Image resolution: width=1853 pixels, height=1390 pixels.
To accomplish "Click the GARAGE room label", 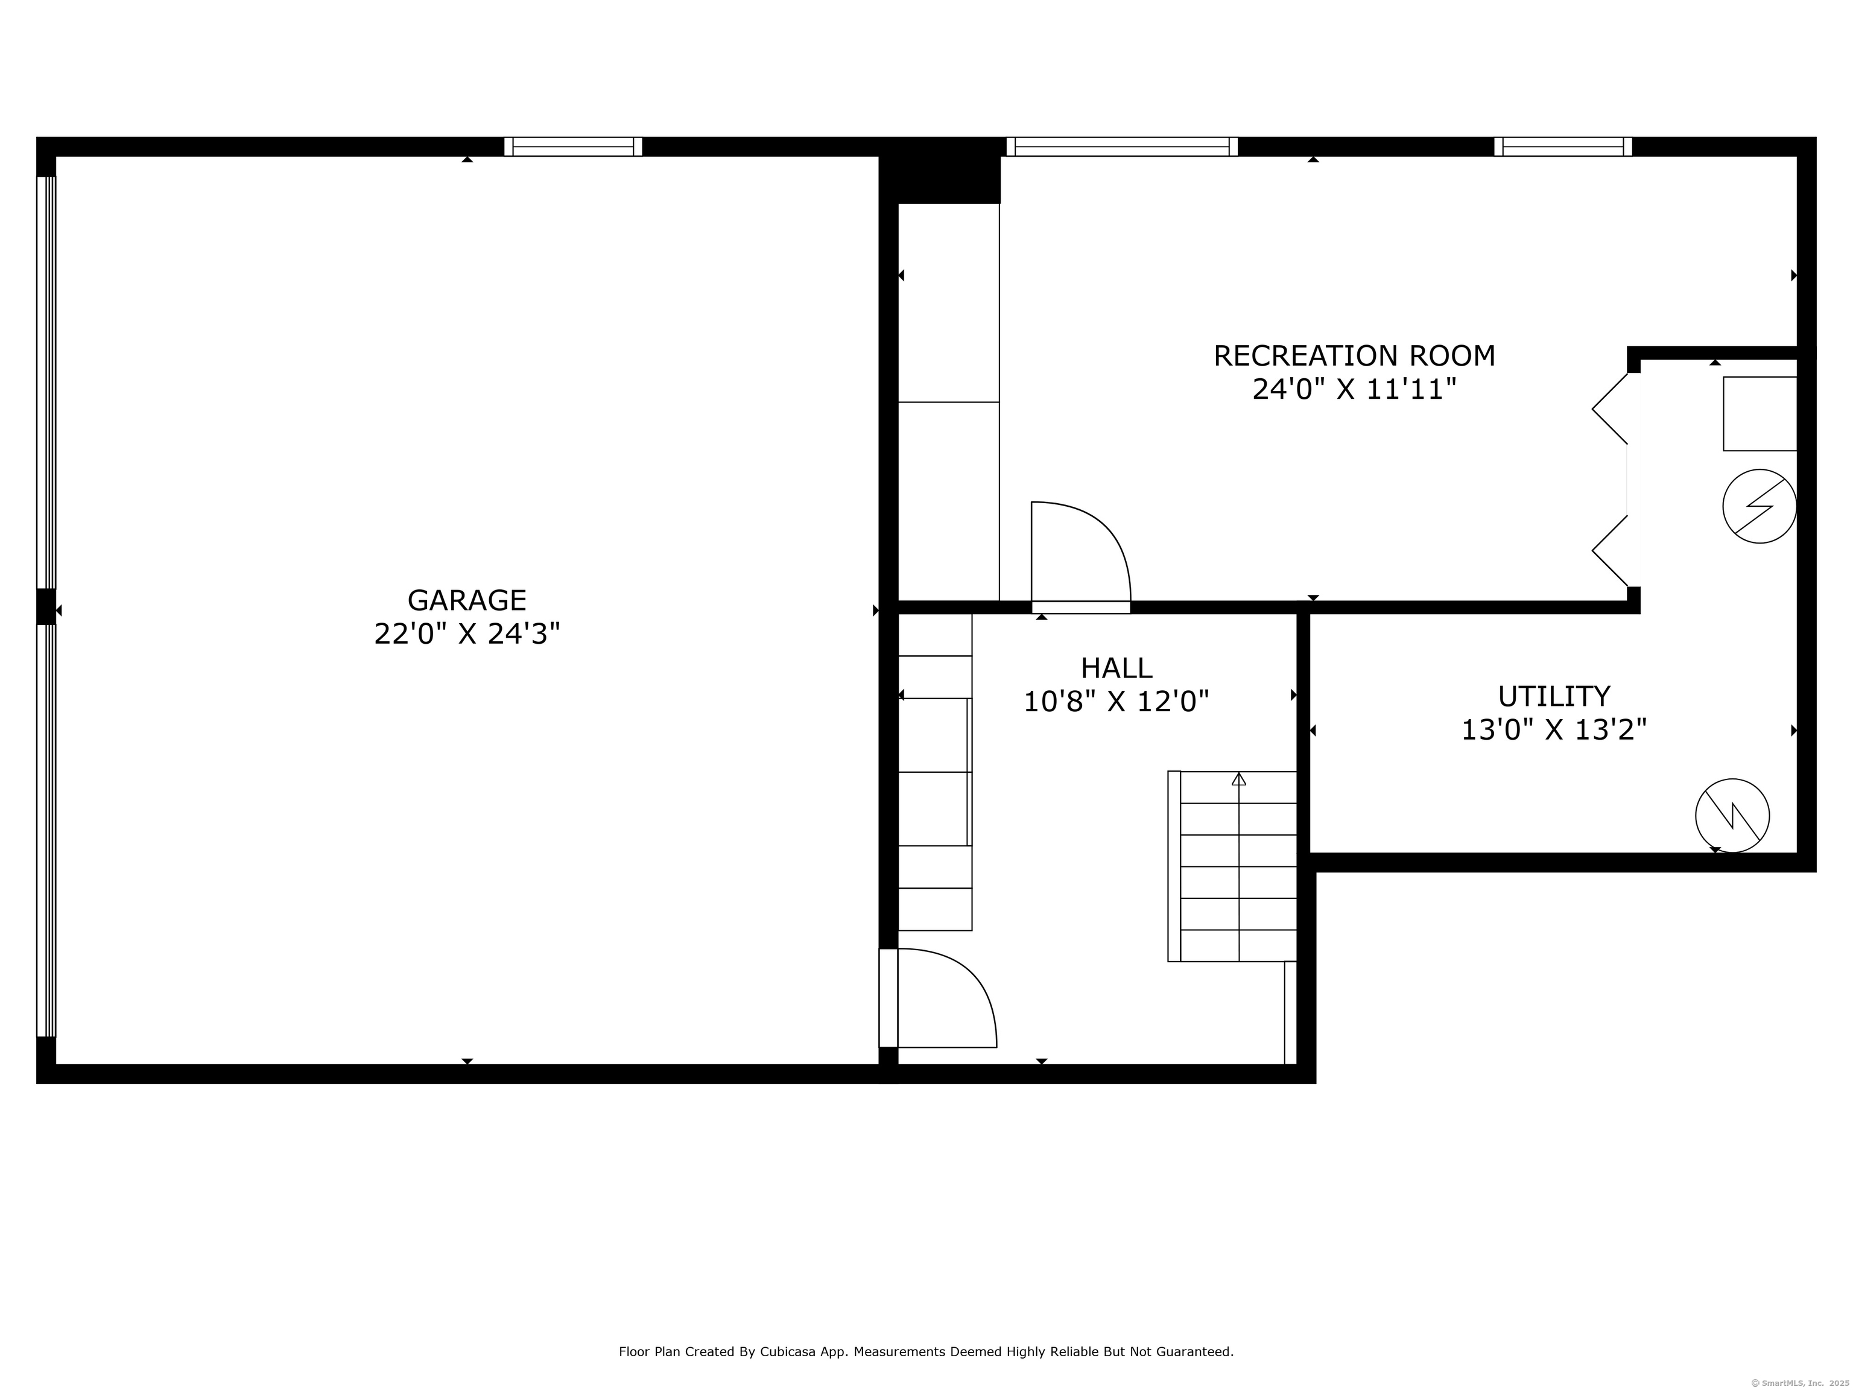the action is coord(467,600).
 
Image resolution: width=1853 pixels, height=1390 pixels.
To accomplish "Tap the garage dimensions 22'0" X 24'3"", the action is coord(467,634).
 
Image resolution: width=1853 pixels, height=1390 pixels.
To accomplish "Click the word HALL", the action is coord(1116,668).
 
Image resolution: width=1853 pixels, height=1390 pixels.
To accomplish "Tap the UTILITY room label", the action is coord(1553,696).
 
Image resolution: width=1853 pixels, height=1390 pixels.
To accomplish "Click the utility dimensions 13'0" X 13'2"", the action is coord(1553,731).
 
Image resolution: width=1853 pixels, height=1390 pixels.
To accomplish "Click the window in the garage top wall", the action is coord(573,147).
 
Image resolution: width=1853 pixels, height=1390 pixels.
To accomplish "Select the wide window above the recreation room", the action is coord(1122,147).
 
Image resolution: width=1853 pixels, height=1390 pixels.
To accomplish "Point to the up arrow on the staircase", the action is coord(1239,779).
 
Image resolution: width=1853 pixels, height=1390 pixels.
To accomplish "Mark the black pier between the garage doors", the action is coord(46,606).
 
